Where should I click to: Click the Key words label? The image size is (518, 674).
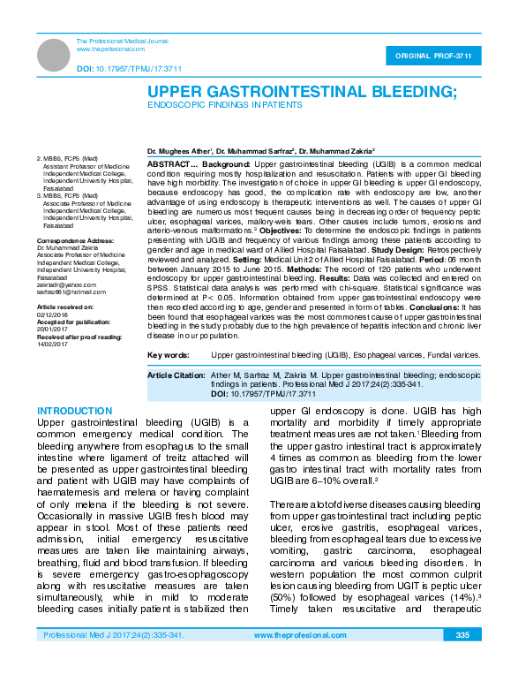tap(168, 354)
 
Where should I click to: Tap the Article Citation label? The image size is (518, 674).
tap(176, 375)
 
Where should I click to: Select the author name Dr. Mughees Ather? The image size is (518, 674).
tap(179, 152)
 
